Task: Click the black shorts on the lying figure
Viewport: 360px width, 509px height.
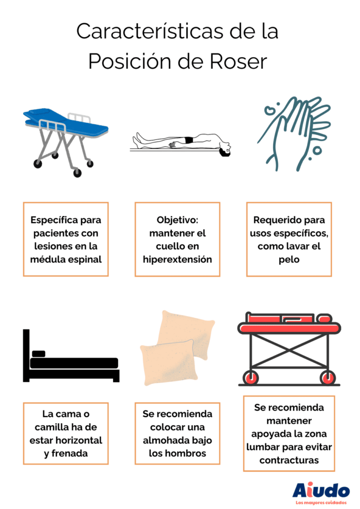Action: coord(188,140)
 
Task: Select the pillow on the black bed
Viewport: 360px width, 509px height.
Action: coord(39,353)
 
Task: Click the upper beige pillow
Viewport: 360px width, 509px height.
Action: coord(187,333)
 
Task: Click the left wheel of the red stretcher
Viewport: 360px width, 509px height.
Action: coord(251,377)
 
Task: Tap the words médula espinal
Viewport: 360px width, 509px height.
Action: coord(66,259)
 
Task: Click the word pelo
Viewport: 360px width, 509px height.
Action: coord(289,259)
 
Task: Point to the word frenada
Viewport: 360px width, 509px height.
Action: coord(66,454)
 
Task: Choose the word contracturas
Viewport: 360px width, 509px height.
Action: coord(289,460)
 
